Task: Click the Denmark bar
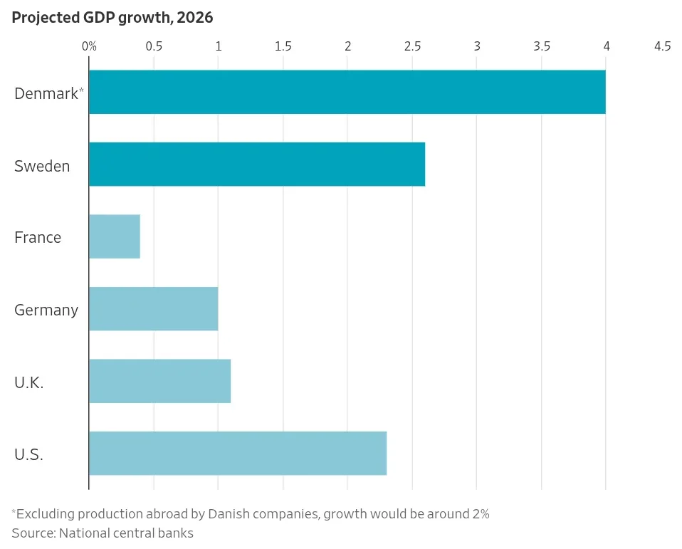(x=347, y=92)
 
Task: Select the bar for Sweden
(x=257, y=164)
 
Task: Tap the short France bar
(x=115, y=236)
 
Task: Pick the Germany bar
(x=154, y=309)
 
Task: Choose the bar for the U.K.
(x=159, y=381)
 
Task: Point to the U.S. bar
(x=238, y=454)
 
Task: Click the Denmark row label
(x=48, y=93)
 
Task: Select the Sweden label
(x=42, y=166)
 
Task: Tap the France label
(x=38, y=238)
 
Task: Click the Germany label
(x=46, y=310)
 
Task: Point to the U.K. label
(x=29, y=382)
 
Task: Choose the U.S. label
(x=28, y=454)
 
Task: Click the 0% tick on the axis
(x=89, y=46)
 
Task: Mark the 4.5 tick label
(x=663, y=46)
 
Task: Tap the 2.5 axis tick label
(x=412, y=46)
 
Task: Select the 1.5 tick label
(x=283, y=46)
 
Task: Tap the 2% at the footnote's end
(x=481, y=514)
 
